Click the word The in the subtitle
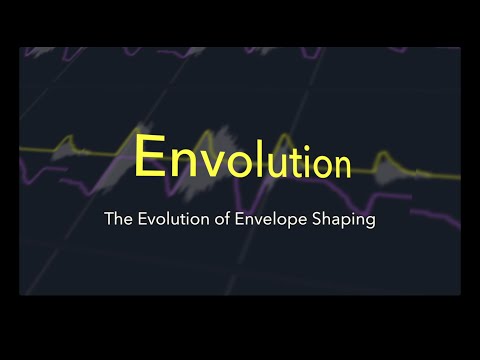point(117,219)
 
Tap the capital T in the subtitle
point(108,219)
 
